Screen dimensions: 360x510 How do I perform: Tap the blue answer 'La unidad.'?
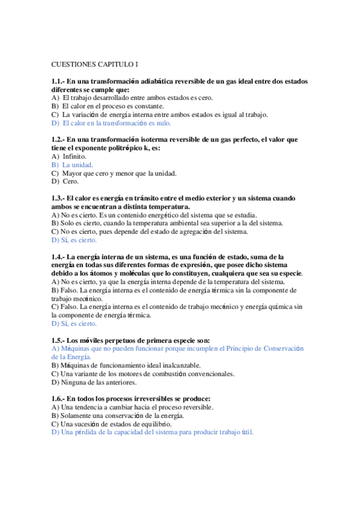78,164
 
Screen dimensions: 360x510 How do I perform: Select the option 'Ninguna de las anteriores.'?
98,381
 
